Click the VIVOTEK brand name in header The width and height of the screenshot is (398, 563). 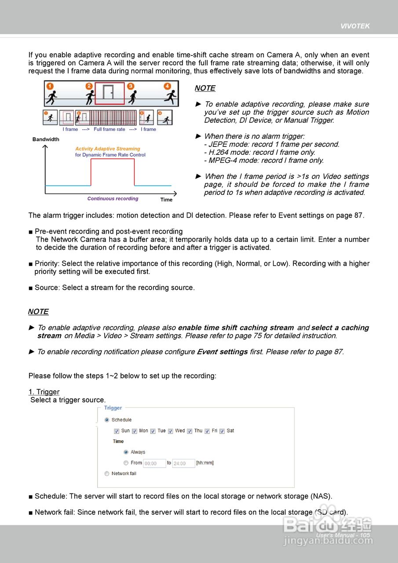tap(355, 26)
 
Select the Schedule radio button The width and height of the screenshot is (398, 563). tap(107, 420)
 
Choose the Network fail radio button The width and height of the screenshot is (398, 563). tap(107, 474)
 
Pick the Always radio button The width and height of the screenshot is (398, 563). tap(126, 452)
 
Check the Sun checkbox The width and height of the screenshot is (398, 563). tap(117, 431)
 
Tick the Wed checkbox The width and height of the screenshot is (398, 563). tap(171, 431)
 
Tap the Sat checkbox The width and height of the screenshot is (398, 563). tap(223, 431)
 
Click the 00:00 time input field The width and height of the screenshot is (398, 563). tap(154, 463)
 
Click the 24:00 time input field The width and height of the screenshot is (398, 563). tap(183, 463)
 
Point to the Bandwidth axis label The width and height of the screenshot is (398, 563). tap(46, 139)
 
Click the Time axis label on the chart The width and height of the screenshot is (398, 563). tap(166, 200)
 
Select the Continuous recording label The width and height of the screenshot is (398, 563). tap(113, 199)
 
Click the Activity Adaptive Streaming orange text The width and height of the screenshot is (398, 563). tap(107, 149)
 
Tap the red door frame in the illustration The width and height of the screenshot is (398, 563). tap(110, 92)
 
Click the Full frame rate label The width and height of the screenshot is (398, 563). tap(109, 129)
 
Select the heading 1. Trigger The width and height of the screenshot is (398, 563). tap(44, 392)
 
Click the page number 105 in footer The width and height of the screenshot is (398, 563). tap(365, 535)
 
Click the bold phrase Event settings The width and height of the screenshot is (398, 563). tap(222, 352)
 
